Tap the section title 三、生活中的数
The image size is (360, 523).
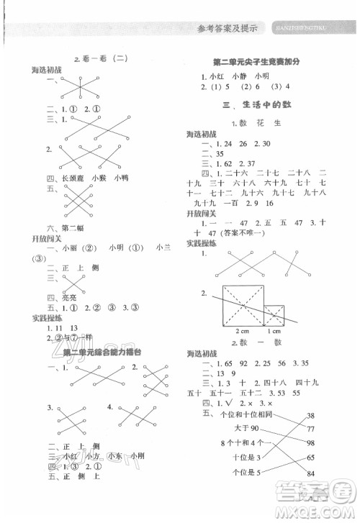tap(259, 105)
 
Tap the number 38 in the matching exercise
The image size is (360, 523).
tap(311, 416)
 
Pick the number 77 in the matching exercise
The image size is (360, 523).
tap(311, 444)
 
